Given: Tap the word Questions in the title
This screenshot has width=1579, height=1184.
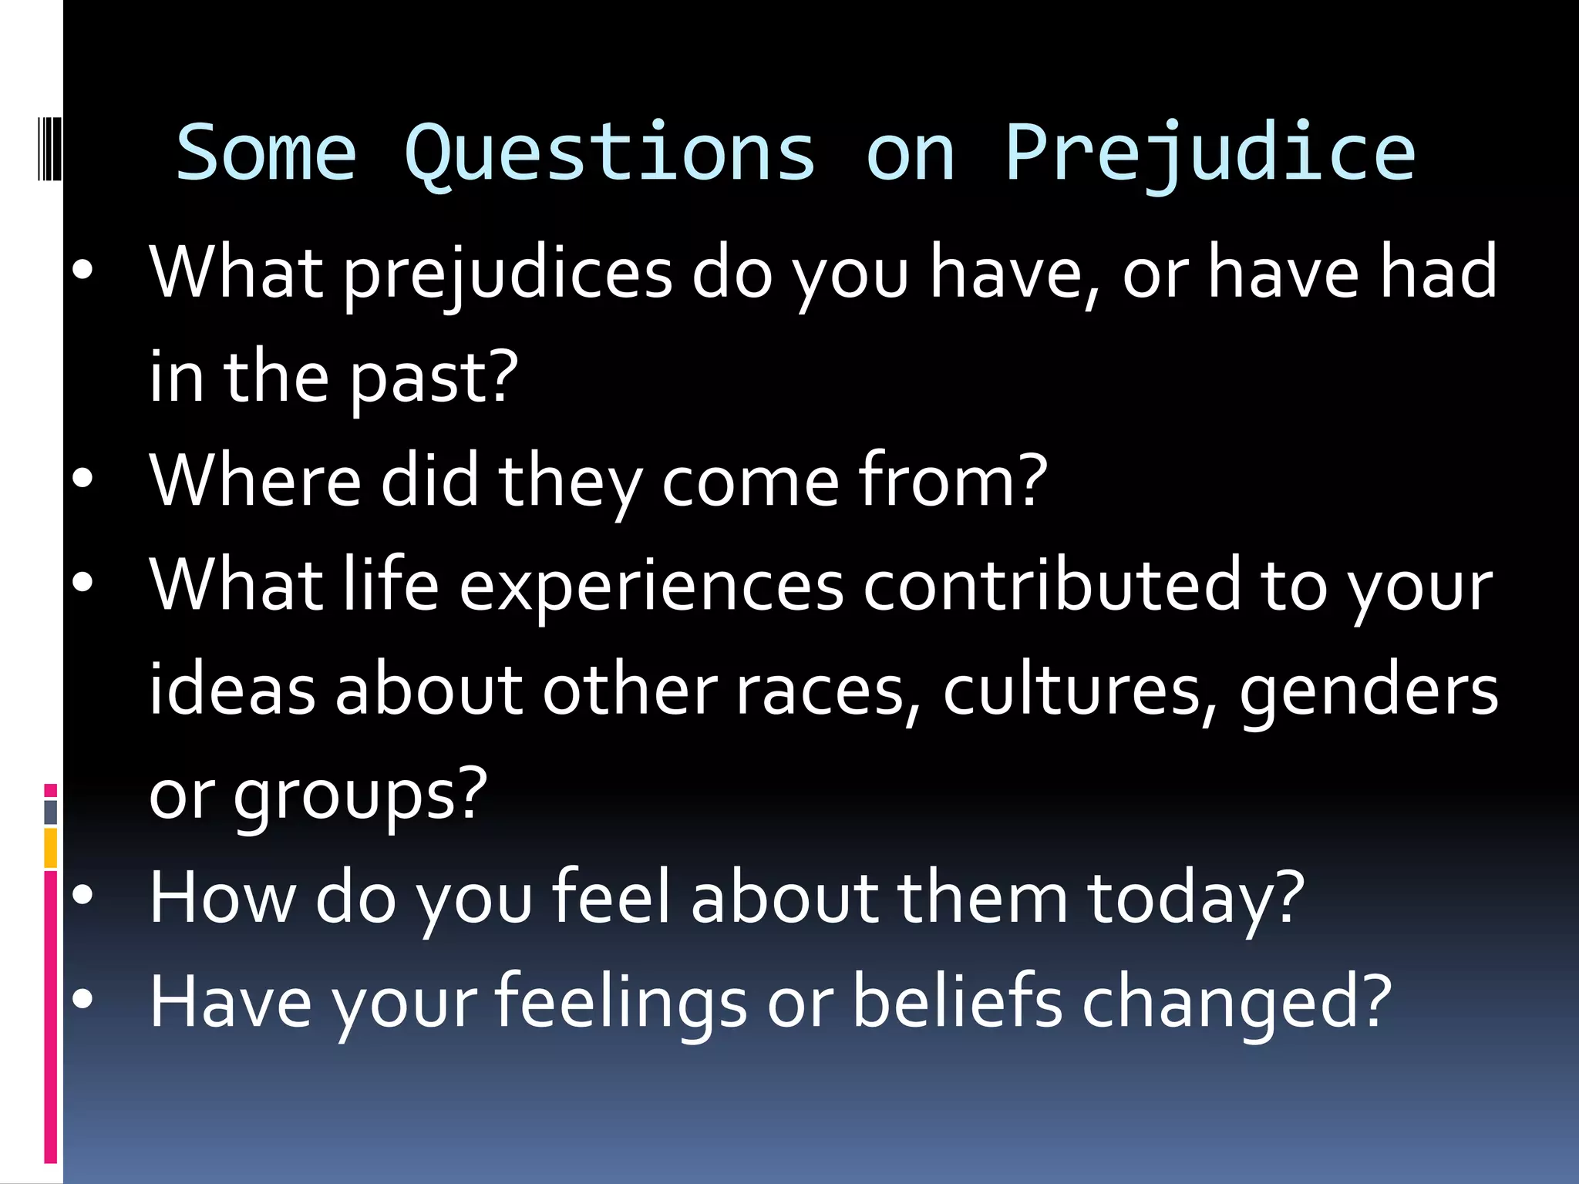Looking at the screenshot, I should click(x=609, y=154).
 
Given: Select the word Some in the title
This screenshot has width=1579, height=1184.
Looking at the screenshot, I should click(x=266, y=154).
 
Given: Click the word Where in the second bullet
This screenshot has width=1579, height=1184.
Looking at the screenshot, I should click(x=255, y=481).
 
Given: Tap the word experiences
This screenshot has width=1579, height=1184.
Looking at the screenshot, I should click(x=651, y=586).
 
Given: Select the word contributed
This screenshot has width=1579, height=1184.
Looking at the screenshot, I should click(x=1052, y=586).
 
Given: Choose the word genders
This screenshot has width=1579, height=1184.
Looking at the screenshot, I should click(x=1369, y=691).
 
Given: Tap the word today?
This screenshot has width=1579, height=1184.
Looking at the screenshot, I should click(x=1196, y=898).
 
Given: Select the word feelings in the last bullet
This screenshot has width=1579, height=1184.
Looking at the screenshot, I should click(x=621, y=1002).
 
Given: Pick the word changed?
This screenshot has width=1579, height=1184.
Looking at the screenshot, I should click(x=1237, y=1002).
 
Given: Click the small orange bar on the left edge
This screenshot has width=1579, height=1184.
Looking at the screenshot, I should click(x=51, y=848).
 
